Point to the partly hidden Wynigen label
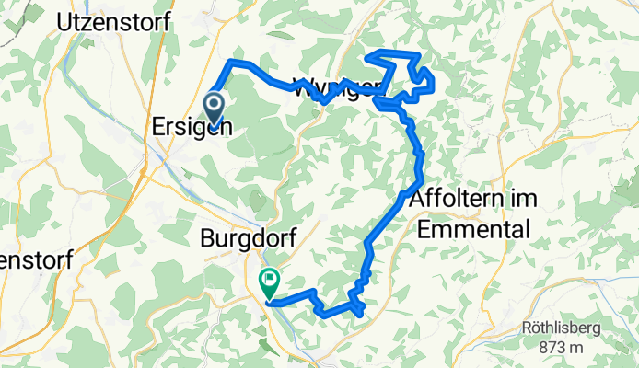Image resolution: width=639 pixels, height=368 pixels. tap(336, 88)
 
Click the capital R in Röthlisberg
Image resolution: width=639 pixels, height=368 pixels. tap(528, 328)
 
